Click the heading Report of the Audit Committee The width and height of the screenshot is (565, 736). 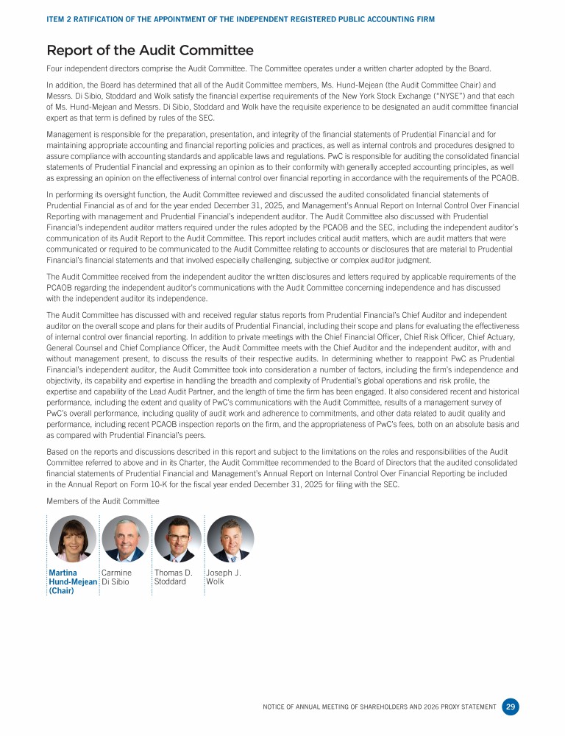pyautogui.click(x=149, y=50)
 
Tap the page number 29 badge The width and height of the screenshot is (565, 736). pyautogui.click(x=511, y=707)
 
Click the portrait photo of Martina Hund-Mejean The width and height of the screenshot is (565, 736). pyautogui.click(x=72, y=539)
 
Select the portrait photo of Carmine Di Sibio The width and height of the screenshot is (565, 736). pyautogui.click(x=125, y=539)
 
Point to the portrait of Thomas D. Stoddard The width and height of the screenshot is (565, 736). pyautogui.click(x=178, y=539)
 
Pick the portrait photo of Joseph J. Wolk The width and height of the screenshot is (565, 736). pyautogui.click(x=230, y=539)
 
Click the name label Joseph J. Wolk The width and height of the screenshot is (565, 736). pyautogui.click(x=224, y=577)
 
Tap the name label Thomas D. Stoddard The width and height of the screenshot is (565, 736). pyautogui.click(x=173, y=577)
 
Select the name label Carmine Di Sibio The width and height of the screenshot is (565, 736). pyautogui.click(x=116, y=577)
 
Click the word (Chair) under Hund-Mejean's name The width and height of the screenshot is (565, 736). pyautogui.click(x=63, y=590)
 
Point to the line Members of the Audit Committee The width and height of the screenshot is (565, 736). pyautogui.click(x=102, y=500)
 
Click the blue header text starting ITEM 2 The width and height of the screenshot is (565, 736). pyautogui.click(x=240, y=18)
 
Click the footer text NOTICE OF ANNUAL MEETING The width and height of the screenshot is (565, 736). pyautogui.click(x=324, y=707)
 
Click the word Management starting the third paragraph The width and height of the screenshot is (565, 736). pyautogui.click(x=71, y=135)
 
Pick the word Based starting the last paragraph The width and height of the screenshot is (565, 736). pyautogui.click(x=58, y=452)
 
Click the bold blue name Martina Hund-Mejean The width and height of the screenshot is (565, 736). pyautogui.click(x=72, y=577)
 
